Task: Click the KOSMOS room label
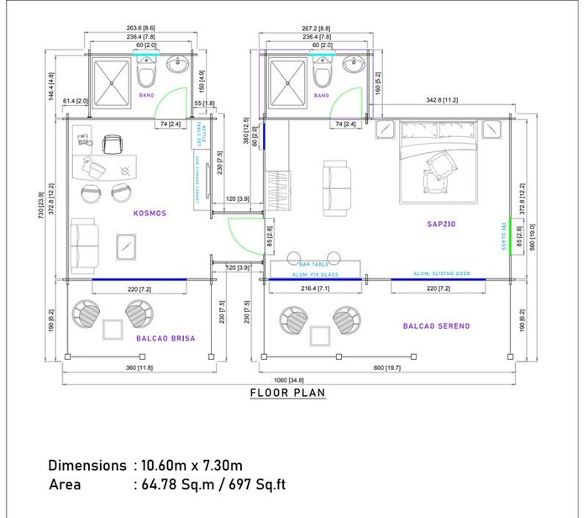tap(150, 214)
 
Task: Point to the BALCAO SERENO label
tap(436, 325)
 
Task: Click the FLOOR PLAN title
tap(287, 393)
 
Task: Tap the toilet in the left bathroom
tap(146, 77)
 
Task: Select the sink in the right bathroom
tap(352, 65)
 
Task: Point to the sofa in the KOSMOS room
tap(81, 244)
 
